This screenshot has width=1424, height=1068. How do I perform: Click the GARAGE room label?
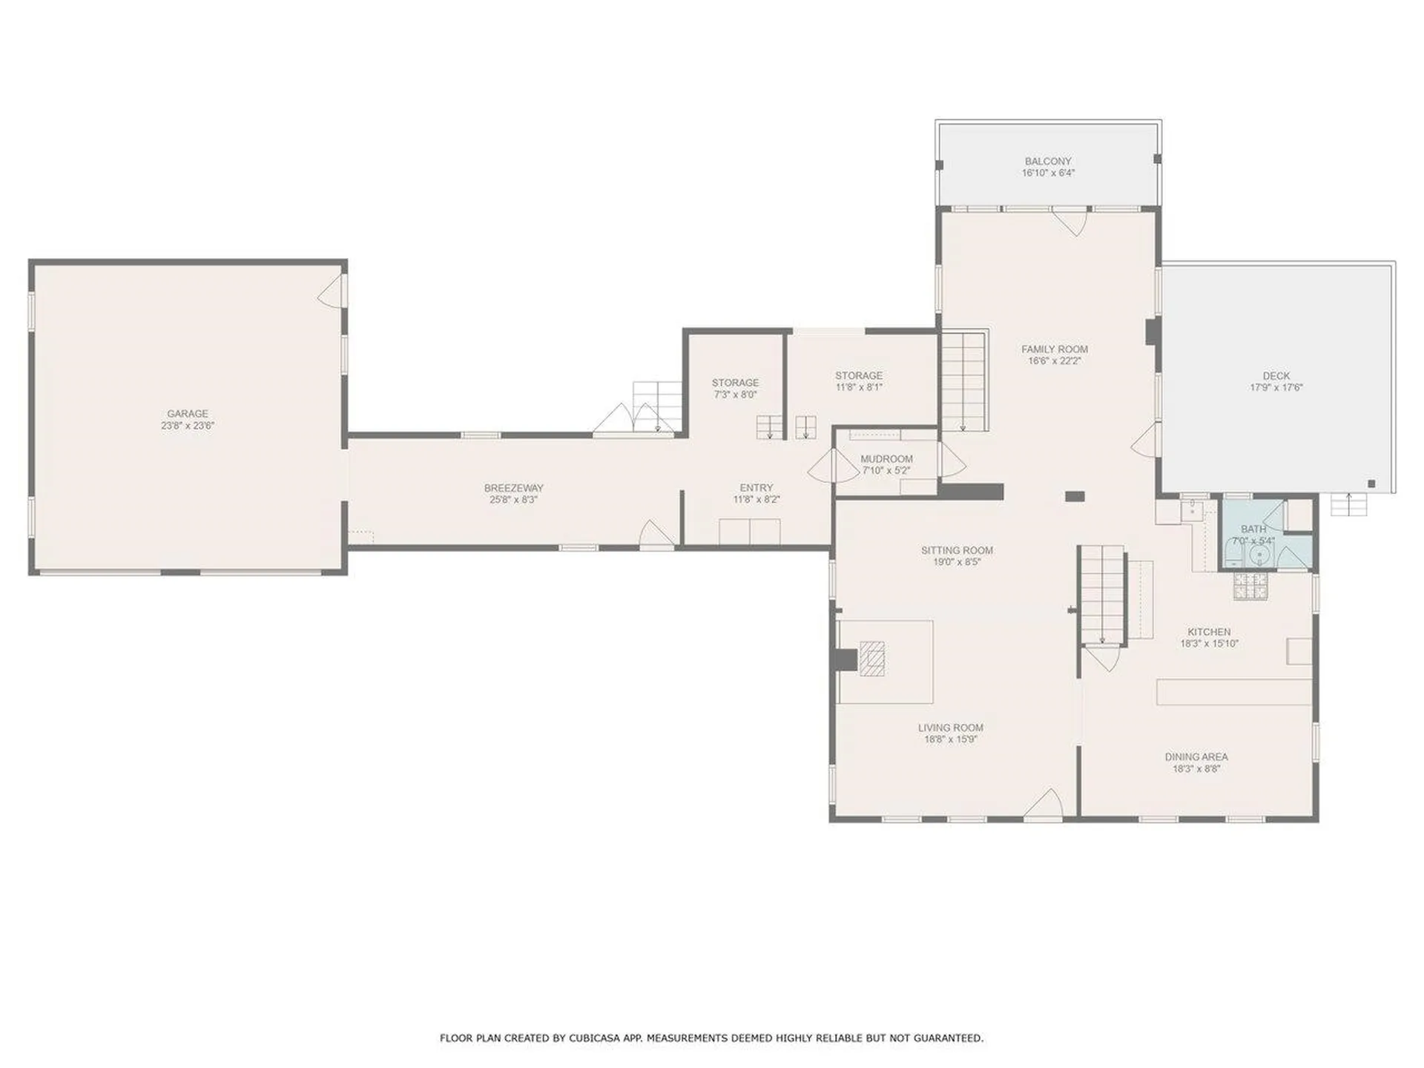188,414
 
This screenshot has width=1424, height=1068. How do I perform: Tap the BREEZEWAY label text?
514,488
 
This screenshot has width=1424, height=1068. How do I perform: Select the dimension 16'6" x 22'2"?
1055,361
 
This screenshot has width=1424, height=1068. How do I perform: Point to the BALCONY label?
1048,161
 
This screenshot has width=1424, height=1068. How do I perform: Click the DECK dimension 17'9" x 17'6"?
1276,387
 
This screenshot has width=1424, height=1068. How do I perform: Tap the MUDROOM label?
886,459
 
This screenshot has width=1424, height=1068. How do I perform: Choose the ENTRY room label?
756,488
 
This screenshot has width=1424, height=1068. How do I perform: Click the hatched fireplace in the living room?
872,659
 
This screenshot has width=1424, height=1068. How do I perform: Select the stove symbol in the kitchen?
1252,586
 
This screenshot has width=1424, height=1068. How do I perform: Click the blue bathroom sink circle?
1260,556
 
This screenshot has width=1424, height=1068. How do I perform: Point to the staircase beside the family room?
964,381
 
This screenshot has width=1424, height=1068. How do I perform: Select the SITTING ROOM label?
957,550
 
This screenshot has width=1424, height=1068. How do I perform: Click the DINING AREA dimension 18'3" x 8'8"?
1196,769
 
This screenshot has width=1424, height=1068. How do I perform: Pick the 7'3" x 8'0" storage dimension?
735,395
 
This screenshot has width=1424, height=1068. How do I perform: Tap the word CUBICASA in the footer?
595,1038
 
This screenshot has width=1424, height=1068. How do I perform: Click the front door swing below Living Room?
1044,805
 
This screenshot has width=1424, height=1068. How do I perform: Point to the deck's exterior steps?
1348,504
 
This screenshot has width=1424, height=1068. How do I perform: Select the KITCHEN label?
1209,632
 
